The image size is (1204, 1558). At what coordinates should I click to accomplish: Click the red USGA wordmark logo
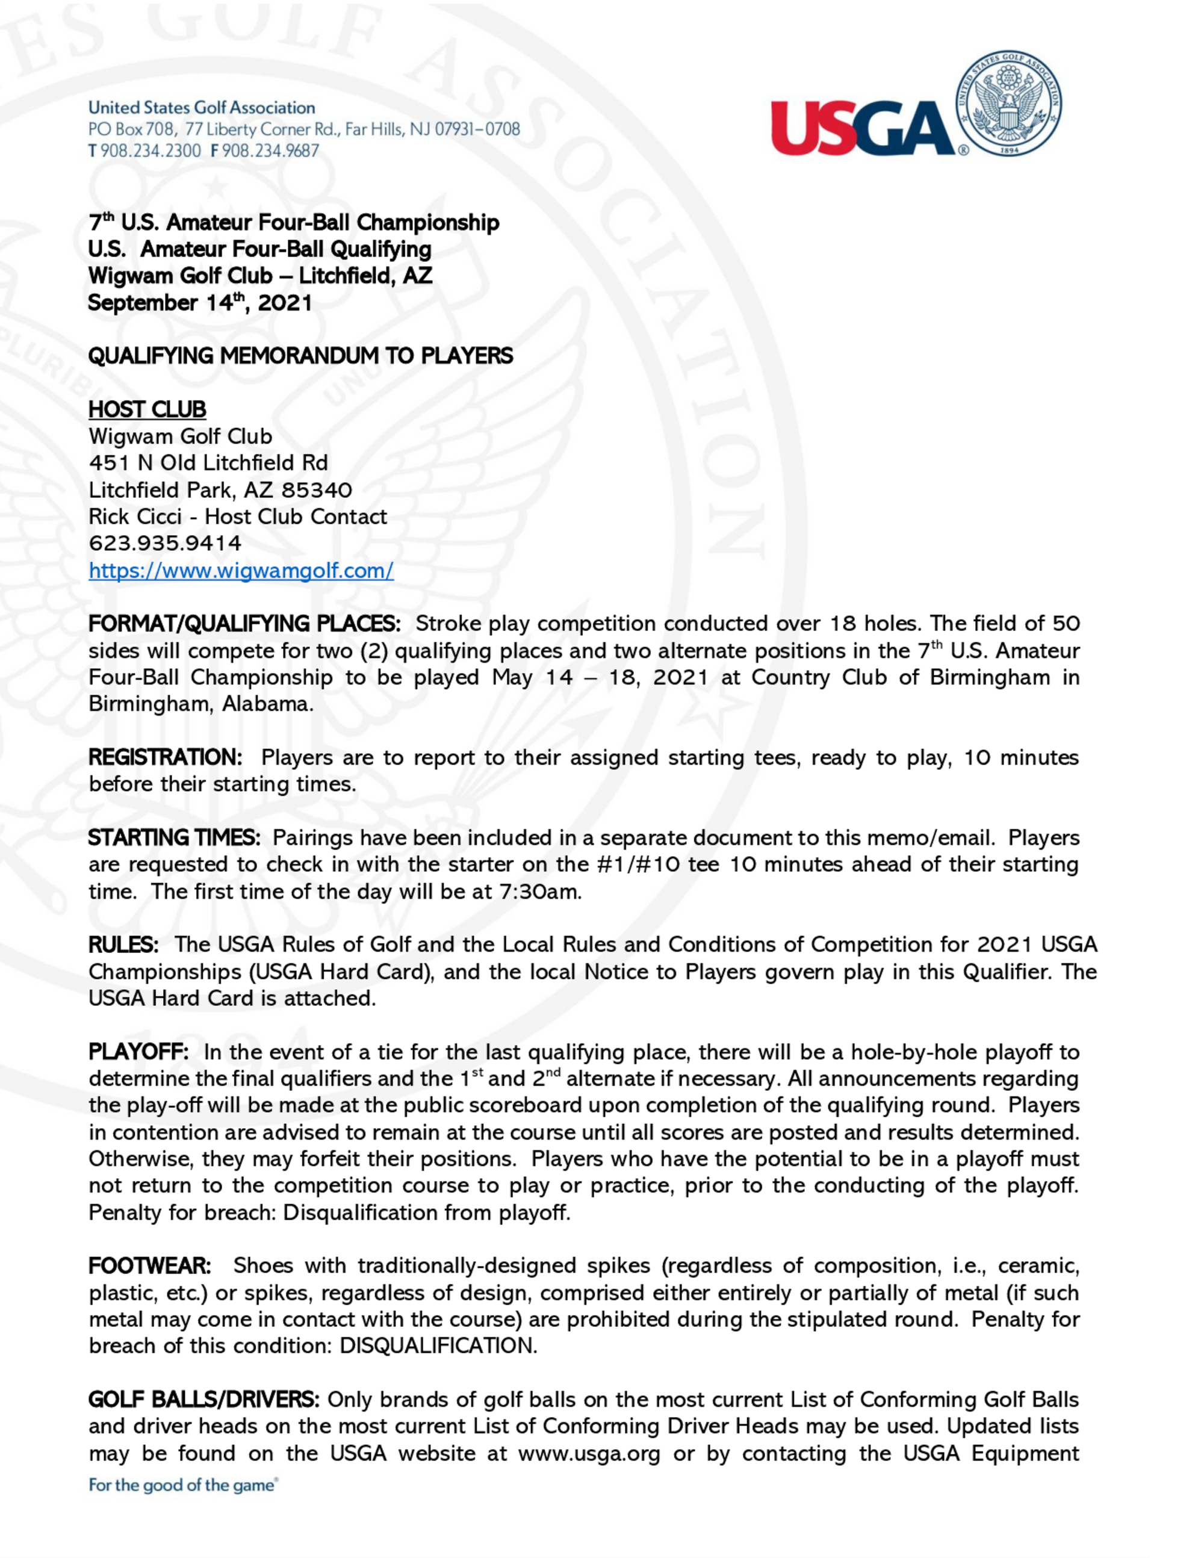[x=861, y=128]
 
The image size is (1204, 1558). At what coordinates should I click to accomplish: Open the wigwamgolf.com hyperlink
[x=241, y=571]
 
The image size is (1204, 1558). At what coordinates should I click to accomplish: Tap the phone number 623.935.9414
[x=165, y=543]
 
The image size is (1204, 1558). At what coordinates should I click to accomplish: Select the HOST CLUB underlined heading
[x=147, y=409]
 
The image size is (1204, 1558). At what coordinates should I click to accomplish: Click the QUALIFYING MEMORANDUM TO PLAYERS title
[x=300, y=355]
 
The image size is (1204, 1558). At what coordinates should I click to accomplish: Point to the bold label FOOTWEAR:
[x=150, y=1265]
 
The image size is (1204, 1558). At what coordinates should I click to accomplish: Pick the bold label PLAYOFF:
[x=138, y=1052]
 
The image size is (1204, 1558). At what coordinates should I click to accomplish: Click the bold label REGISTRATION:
[x=166, y=757]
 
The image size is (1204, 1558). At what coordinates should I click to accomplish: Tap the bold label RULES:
[x=123, y=945]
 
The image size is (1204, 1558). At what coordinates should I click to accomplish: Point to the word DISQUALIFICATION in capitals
[x=437, y=1346]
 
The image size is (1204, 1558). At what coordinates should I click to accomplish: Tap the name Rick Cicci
[x=135, y=517]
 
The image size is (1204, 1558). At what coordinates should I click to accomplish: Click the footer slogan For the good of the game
[x=182, y=1485]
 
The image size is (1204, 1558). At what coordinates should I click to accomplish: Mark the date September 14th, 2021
[x=200, y=302]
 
